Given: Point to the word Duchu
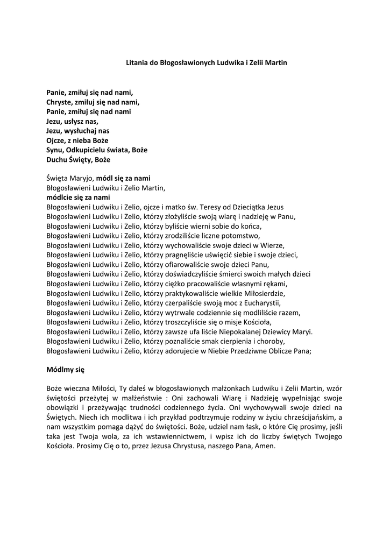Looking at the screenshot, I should coord(56,159).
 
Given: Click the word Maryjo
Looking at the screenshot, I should coord(80,178).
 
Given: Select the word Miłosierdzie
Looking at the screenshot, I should coord(261,293).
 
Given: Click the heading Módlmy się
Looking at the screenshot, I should coord(65,370).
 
